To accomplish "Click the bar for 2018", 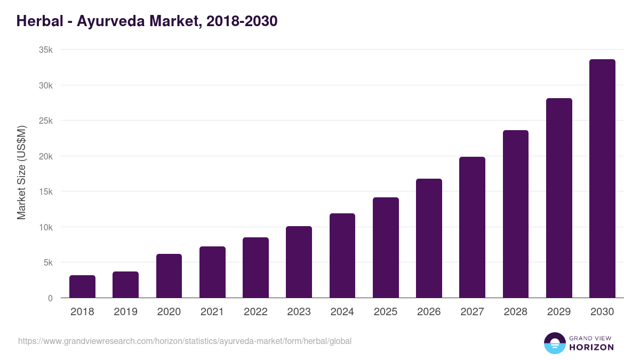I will pos(82,287).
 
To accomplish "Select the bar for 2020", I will pos(169,276).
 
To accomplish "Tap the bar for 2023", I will pos(299,262).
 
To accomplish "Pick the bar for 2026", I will pos(429,238).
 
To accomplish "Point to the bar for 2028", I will pos(516,214).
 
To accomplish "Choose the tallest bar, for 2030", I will pos(602,179).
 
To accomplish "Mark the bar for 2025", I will pos(386,248).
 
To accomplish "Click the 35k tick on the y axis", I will pos(45,50).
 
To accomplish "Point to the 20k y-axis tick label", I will pos(45,156).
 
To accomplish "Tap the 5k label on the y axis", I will pos(47,262).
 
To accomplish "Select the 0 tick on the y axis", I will pos(50,298).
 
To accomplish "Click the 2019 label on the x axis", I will pos(125,312).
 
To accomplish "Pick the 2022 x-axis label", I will pos(255,312).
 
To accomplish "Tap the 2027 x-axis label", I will pos(472,312).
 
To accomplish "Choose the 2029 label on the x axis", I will pos(559,312).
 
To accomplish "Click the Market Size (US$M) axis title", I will pos(21,173).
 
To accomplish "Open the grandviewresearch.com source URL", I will pos(185,341).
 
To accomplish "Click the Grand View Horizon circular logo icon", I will pos(554,343).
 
